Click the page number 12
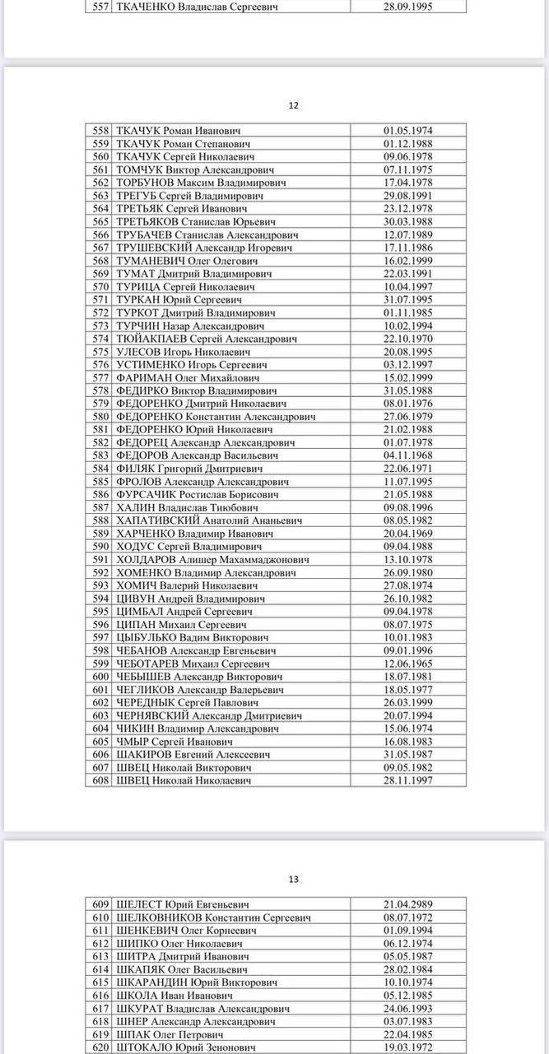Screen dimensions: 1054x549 (293, 105)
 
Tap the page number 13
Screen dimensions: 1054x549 (294, 879)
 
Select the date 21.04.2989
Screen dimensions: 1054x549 (408, 904)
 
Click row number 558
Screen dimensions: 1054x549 (100, 130)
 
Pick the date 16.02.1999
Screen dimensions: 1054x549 (408, 260)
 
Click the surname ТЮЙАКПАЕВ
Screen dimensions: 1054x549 (151, 338)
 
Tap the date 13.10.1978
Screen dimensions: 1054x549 (408, 559)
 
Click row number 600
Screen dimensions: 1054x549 (100, 677)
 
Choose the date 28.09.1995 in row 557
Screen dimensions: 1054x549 (408, 7)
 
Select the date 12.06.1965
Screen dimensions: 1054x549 (408, 663)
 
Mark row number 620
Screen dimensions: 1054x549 (100, 1047)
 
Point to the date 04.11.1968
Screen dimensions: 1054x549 (408, 455)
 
